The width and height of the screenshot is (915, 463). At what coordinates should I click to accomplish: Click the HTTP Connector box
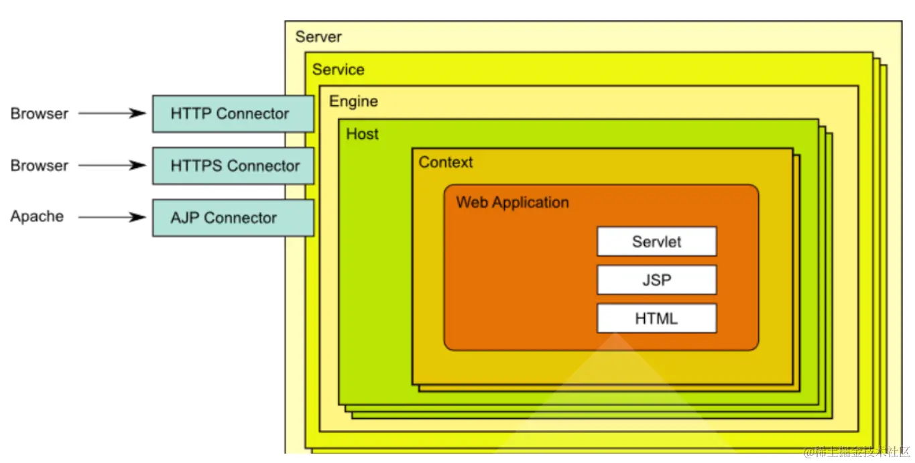pos(233,114)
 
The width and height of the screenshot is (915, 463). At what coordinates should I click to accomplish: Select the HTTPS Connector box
pos(233,166)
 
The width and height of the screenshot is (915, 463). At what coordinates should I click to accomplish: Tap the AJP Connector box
pos(233,218)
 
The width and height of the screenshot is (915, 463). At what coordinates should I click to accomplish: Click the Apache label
pos(38,216)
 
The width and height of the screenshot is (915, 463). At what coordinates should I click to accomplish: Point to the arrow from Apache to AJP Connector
pos(112,217)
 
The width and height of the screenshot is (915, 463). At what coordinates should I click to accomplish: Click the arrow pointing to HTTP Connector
pos(112,113)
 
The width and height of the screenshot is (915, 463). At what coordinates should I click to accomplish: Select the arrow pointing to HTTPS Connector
pos(112,166)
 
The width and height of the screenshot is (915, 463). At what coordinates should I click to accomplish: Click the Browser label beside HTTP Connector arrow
pos(40,113)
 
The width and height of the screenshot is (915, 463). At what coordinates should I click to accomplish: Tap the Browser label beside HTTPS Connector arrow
pos(40,166)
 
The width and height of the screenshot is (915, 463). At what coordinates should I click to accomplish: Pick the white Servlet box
pos(656,242)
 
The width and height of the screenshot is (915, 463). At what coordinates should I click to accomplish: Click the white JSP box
pos(656,280)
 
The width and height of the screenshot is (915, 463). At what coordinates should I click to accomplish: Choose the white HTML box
pos(656,318)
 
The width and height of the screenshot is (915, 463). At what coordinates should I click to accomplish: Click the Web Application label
pos(512,202)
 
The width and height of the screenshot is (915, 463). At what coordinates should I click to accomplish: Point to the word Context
pos(446,162)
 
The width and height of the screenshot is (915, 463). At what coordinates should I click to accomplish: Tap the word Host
pos(362,134)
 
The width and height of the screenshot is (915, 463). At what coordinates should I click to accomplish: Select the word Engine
pos(353,102)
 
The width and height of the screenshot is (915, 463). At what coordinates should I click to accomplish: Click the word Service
pos(339,70)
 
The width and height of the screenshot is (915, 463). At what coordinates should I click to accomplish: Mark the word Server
pos(318,37)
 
